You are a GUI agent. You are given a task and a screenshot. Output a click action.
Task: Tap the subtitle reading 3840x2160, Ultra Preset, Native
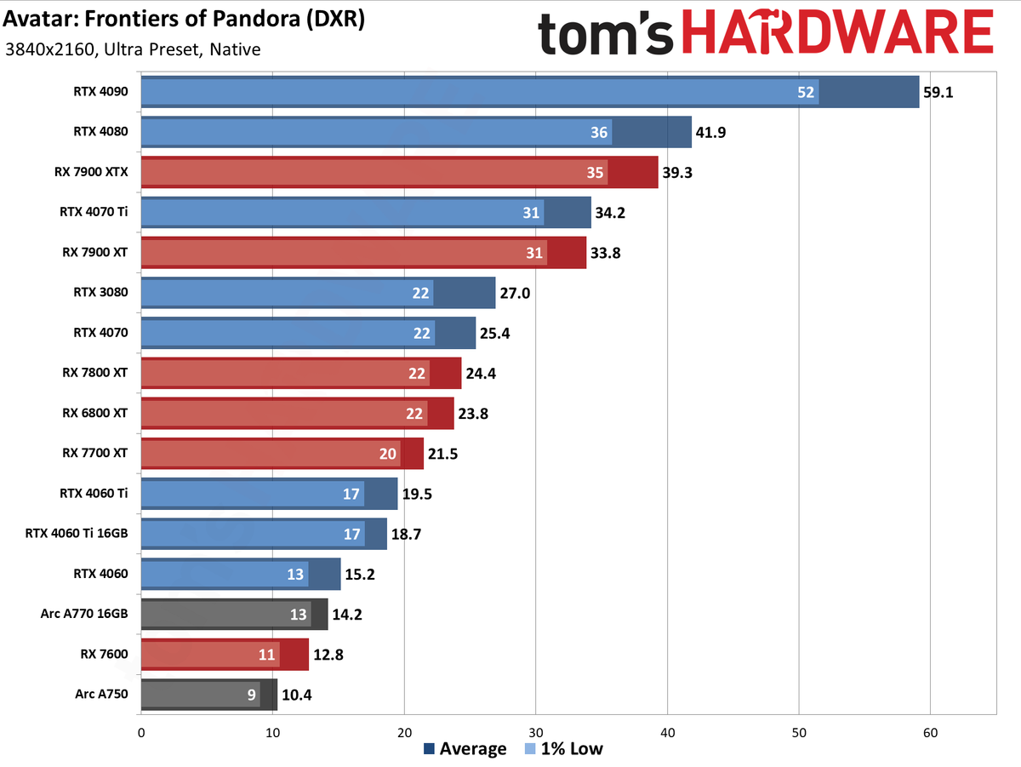133,49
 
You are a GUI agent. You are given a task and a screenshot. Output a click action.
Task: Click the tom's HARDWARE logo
765,37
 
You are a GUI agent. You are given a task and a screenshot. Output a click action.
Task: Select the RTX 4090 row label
100,91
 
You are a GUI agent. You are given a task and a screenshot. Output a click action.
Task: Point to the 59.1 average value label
939,92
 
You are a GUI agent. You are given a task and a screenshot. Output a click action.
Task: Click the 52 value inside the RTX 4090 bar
806,92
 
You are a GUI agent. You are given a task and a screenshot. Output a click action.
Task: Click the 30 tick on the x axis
536,730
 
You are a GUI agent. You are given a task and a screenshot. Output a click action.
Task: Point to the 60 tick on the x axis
931,730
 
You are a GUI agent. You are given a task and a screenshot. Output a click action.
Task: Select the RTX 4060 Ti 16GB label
77,534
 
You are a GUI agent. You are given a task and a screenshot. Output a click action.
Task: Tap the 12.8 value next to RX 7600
328,655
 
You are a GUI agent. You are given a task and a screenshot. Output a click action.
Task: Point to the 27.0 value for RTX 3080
514,293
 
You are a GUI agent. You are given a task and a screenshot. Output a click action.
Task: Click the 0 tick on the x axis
141,730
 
